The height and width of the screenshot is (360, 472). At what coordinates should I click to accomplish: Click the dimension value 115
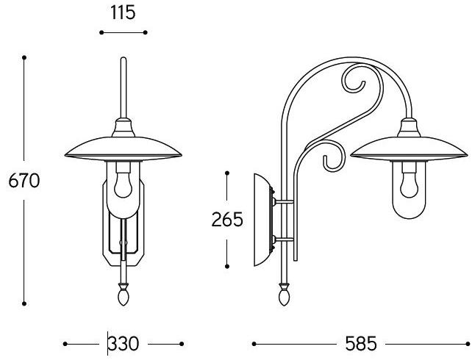(123, 13)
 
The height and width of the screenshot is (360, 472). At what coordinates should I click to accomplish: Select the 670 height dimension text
(24, 181)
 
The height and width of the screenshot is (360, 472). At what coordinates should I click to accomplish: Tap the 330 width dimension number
(124, 344)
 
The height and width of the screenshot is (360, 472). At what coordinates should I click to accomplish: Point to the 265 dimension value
(227, 219)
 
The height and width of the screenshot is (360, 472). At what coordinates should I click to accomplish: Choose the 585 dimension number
(361, 343)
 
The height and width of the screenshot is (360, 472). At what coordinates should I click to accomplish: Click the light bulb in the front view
(123, 184)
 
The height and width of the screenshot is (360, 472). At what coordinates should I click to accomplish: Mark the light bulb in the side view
(409, 184)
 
